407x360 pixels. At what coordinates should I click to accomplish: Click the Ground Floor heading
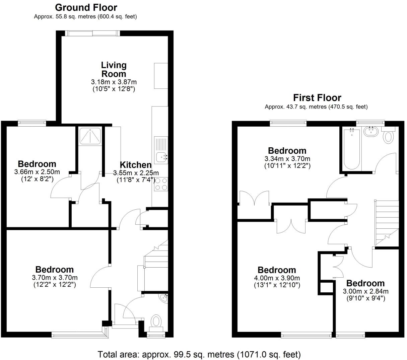click(86, 7)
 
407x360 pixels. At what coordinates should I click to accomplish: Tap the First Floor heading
click(317, 98)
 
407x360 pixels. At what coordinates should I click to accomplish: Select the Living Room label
click(114, 69)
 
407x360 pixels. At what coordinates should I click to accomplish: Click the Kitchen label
click(136, 165)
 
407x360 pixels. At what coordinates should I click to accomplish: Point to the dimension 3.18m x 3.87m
click(114, 82)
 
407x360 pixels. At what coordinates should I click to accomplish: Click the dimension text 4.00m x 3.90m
click(277, 278)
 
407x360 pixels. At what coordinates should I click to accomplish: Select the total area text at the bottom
click(199, 354)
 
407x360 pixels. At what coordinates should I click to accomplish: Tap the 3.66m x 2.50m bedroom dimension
click(37, 172)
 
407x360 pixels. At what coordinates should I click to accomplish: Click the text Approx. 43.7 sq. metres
click(316, 107)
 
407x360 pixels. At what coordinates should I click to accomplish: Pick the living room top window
click(92, 33)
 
